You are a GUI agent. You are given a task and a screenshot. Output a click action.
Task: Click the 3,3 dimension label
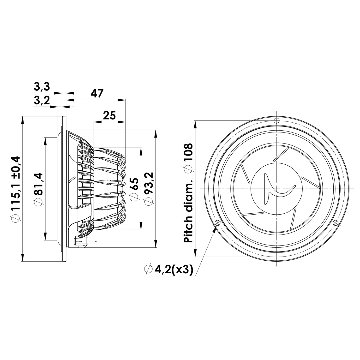click(42, 87)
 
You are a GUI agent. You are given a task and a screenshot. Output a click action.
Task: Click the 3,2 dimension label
click(42, 100)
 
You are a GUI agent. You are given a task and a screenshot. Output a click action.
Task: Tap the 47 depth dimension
click(97, 93)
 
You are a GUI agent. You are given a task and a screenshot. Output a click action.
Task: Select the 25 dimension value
click(109, 115)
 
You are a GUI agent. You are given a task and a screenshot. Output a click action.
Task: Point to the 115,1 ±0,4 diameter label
click(16, 189)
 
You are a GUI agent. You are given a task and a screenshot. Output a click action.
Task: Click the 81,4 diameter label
click(39, 189)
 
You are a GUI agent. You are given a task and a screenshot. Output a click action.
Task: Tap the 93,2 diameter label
click(148, 189)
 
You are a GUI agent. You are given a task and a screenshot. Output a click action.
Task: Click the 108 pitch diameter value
click(189, 157)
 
